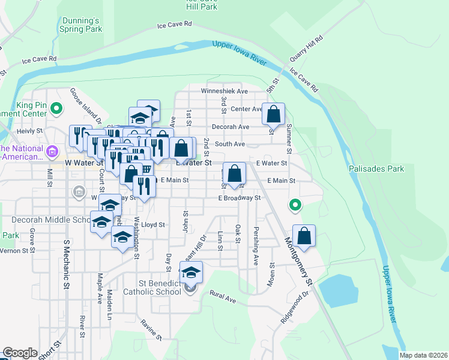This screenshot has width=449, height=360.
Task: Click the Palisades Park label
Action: click(376, 169)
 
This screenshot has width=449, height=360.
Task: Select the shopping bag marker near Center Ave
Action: click(273, 113)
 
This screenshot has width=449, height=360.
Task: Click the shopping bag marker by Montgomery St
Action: click(304, 236)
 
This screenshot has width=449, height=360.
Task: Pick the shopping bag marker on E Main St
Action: click(235, 173)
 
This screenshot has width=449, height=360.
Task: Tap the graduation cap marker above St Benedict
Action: click(191, 273)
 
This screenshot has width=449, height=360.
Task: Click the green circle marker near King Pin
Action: click(56, 109)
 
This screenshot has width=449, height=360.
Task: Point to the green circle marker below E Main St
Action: click(295, 205)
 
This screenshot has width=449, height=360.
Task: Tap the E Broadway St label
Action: click(240, 197)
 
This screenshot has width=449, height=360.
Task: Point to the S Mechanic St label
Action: click(66, 265)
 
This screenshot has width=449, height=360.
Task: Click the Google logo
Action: click(20, 353)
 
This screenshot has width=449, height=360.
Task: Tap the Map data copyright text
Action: click(423, 355)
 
